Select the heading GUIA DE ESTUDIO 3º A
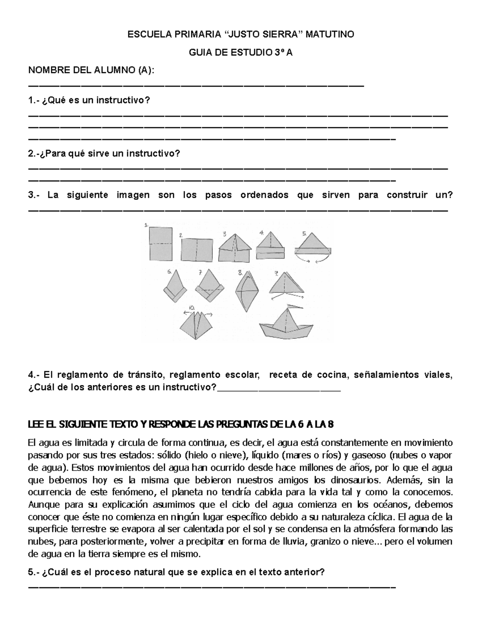pyautogui.click(x=241, y=53)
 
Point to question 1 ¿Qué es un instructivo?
pyautogui.click(x=89, y=100)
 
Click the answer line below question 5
pyautogui.click(x=212, y=588)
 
